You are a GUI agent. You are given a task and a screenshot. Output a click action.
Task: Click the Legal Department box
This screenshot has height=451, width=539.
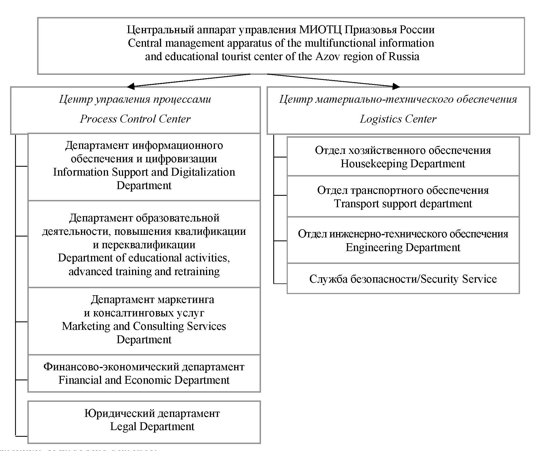click(144, 422)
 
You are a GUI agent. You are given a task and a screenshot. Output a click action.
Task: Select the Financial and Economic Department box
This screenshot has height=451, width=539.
click(144, 373)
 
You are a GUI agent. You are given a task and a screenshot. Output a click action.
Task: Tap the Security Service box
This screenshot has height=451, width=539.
click(403, 279)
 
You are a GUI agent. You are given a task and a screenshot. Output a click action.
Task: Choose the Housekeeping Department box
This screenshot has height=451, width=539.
click(403, 156)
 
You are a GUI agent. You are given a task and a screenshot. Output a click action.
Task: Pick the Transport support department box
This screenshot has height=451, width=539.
click(403, 197)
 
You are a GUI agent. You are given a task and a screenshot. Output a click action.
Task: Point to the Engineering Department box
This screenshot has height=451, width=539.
click(403, 240)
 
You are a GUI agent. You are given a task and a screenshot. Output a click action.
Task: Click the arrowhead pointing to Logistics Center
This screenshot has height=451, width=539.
click(396, 86)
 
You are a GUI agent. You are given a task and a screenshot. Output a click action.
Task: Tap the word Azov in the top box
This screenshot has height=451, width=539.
click(328, 57)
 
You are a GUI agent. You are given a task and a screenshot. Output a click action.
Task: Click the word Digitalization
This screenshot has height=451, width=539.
click(203, 172)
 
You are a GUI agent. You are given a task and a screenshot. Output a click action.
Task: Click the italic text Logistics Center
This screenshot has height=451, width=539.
click(398, 119)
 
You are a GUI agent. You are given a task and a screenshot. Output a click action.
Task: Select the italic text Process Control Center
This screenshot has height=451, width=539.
click(135, 119)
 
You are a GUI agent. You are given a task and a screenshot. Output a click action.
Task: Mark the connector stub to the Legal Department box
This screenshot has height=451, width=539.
click(21, 436)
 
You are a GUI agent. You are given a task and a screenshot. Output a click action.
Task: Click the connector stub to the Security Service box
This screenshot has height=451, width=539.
click(280, 283)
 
